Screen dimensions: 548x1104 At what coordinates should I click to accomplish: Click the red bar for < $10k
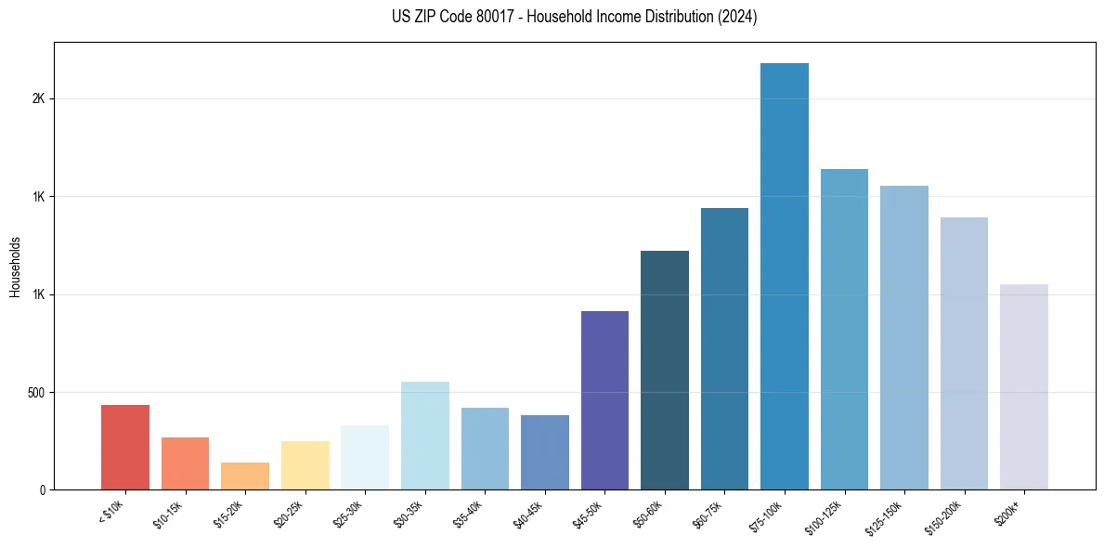[x=125, y=447]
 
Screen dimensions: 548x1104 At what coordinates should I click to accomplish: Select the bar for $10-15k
[x=185, y=463]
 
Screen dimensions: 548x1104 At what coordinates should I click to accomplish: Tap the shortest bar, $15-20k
[x=245, y=476]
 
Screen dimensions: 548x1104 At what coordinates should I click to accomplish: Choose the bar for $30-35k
[x=424, y=436]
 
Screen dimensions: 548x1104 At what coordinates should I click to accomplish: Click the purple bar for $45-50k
[x=604, y=400]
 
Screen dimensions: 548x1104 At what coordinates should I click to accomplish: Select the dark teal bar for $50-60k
[x=665, y=370]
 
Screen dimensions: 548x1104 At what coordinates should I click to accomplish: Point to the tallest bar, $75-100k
[x=785, y=276]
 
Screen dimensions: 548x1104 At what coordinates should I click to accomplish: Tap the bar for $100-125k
[x=844, y=329]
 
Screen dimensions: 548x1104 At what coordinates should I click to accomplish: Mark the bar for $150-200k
[x=964, y=353]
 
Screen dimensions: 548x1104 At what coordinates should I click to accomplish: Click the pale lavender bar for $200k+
[x=1024, y=386]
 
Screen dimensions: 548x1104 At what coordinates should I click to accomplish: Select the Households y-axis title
[x=15, y=266]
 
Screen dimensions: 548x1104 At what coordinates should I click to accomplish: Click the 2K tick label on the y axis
[x=38, y=99]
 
